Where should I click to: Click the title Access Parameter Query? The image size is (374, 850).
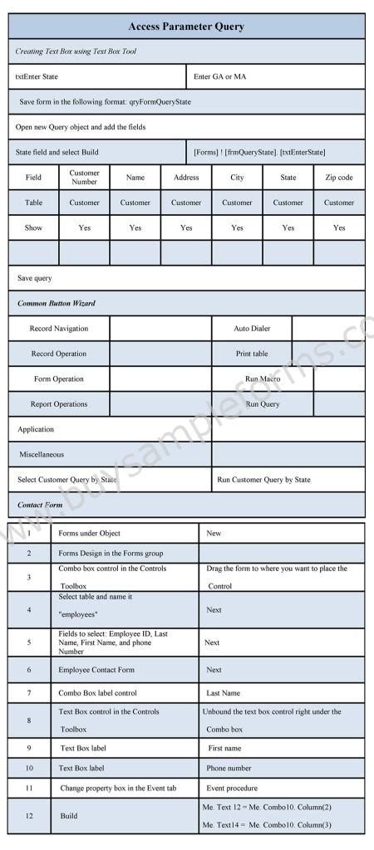(x=186, y=27)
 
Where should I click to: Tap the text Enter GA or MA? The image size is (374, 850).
(x=219, y=76)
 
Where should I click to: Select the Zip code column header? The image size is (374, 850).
(x=339, y=178)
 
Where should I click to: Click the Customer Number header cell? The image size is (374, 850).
(x=85, y=178)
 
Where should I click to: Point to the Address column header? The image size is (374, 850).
(x=186, y=178)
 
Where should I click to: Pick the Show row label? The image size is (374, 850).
(x=34, y=227)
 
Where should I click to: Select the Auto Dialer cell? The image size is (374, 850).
(x=252, y=329)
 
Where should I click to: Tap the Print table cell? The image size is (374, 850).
(x=252, y=354)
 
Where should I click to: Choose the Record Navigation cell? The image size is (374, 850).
(x=58, y=329)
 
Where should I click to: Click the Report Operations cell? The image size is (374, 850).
(x=58, y=404)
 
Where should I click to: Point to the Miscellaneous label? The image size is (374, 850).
(x=42, y=455)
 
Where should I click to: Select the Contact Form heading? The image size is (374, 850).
(x=40, y=505)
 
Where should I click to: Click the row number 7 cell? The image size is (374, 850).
(x=29, y=692)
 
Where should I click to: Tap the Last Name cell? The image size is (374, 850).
(x=224, y=692)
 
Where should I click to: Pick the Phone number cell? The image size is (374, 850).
(x=229, y=769)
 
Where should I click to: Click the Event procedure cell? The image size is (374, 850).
(x=232, y=788)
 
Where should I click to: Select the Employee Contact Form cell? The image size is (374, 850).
(x=96, y=670)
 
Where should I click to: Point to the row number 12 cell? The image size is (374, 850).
(x=29, y=816)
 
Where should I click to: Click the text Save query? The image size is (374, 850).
(x=35, y=279)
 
